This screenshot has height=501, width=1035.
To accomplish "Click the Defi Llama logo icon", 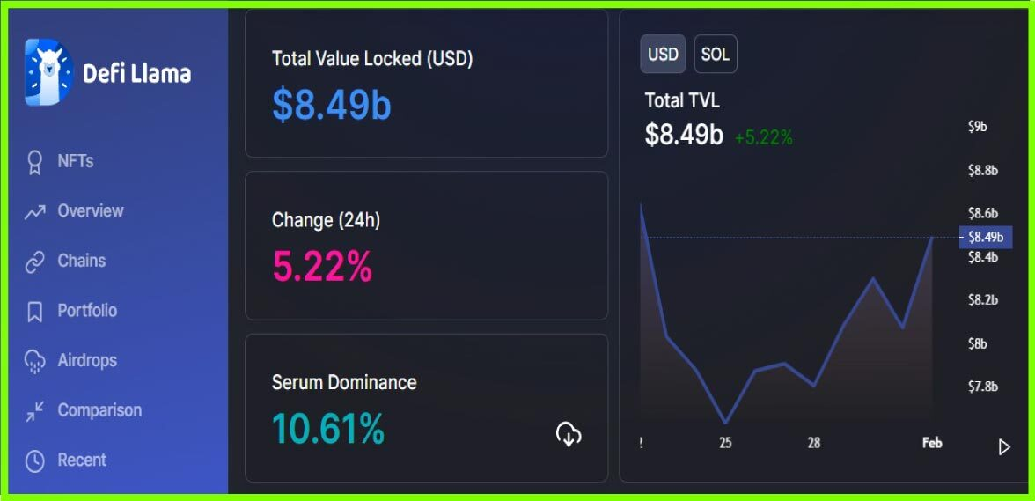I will [x=48, y=73].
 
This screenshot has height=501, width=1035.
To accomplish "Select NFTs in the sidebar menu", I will [x=75, y=161].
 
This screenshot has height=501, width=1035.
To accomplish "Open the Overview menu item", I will [x=90, y=211].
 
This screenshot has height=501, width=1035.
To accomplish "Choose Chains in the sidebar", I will [x=81, y=261].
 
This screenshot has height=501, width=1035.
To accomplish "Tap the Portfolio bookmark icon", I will [x=35, y=312].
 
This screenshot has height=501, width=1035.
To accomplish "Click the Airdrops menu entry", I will [x=86, y=360].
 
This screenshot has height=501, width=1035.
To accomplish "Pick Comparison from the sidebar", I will [x=99, y=410].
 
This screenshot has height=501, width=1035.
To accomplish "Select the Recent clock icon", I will [x=35, y=460].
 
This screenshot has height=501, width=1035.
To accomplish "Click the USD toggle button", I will [x=663, y=55].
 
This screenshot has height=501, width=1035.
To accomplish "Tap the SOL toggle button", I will [x=715, y=55].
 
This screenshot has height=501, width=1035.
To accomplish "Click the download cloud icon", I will [x=569, y=433].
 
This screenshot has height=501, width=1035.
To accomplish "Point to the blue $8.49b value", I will [x=331, y=105].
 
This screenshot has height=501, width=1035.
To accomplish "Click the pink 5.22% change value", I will [x=322, y=266].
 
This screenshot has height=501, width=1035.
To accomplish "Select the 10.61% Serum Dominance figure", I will [x=328, y=429].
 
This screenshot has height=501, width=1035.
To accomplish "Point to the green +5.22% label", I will [x=764, y=137].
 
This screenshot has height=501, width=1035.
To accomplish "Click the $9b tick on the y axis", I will [x=977, y=127].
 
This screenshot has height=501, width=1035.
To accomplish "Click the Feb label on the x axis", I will [x=932, y=443].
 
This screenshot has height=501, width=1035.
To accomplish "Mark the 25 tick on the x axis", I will [x=725, y=443].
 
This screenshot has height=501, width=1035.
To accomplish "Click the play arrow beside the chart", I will [x=1004, y=447].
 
